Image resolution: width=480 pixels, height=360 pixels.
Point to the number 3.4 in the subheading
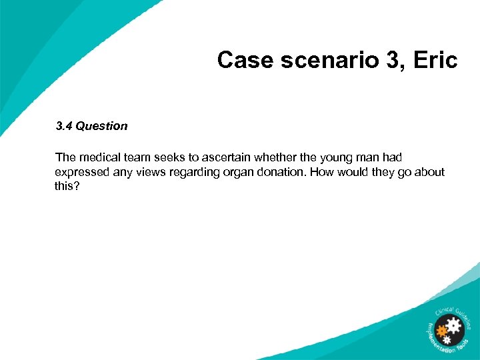click(64, 126)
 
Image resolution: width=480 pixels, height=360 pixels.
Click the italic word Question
click(101, 126)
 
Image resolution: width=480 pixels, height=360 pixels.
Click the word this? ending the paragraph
click(67, 187)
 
